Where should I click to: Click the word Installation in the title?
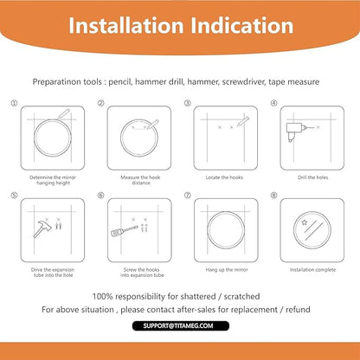126,25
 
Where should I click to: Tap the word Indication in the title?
241,25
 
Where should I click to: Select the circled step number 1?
14,103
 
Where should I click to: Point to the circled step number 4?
273,103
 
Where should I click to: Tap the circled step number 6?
100,196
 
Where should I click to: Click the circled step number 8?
273,196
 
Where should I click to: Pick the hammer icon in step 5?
42,228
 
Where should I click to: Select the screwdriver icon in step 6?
125,231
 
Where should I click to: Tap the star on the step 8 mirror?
305,222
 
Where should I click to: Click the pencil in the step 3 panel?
243,121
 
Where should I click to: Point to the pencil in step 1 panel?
64,114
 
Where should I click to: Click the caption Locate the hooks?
224,177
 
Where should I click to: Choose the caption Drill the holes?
312,177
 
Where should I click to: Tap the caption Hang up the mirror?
227,270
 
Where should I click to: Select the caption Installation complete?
312,270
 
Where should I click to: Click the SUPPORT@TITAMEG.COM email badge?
181,326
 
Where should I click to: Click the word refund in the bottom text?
298,310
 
